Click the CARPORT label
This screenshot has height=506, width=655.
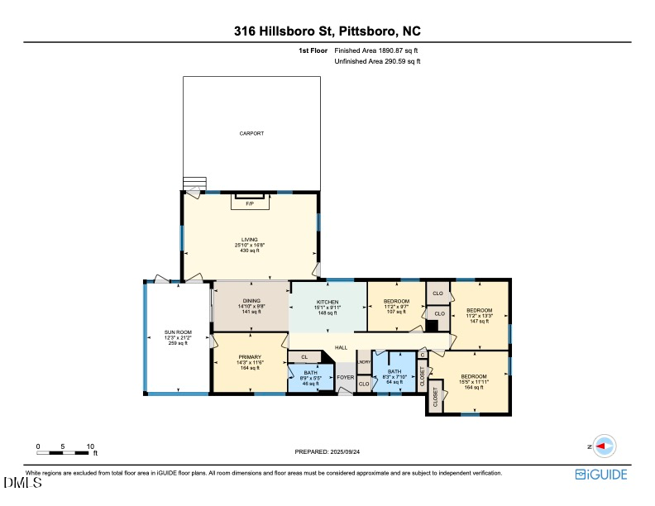(x=251, y=133)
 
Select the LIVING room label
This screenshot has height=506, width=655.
(x=250, y=240)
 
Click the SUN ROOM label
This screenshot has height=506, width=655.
(x=178, y=332)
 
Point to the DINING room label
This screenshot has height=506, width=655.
(x=251, y=301)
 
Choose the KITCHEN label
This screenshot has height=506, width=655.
(x=328, y=302)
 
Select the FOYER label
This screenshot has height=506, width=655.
(x=345, y=377)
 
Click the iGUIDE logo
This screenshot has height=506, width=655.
(x=601, y=474)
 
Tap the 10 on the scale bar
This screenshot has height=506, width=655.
(x=90, y=446)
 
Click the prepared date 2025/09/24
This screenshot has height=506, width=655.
(x=347, y=451)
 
